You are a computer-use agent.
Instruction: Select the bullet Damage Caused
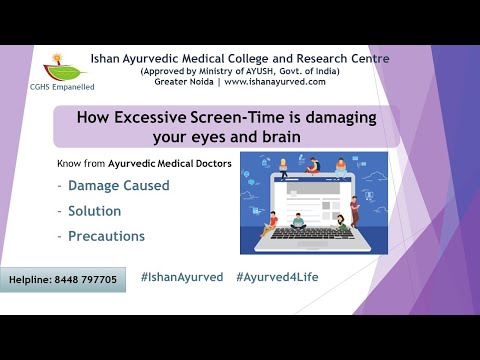click(x=118, y=186)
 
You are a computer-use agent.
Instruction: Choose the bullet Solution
click(x=94, y=211)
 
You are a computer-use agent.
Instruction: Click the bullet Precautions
click(x=106, y=237)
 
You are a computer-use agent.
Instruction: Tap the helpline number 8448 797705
click(x=86, y=280)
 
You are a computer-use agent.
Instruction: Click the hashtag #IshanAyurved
click(x=182, y=276)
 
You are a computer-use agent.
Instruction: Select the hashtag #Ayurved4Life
click(x=279, y=276)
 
